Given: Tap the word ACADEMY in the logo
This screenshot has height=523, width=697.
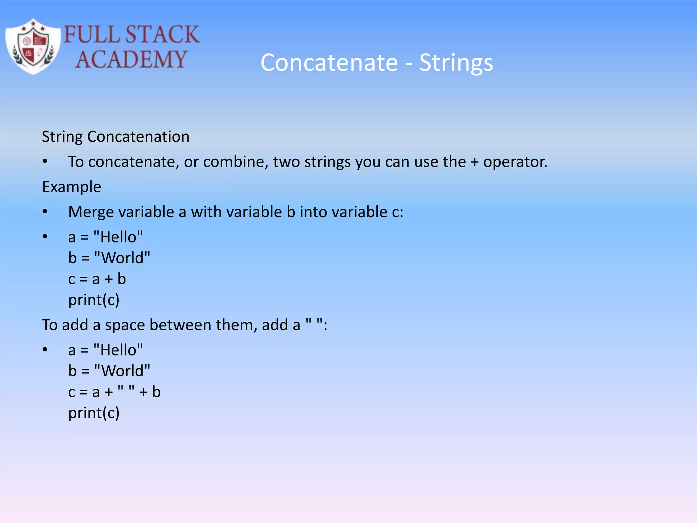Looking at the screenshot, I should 131,60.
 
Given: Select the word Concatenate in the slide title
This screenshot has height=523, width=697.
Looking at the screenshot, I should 329,63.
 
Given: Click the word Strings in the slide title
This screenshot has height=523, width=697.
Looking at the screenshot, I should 456,63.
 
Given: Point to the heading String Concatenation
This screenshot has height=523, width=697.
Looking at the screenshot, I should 116,137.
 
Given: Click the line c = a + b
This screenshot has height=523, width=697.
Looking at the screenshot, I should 97,279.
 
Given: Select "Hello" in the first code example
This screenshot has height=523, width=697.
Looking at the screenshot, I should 118,237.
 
